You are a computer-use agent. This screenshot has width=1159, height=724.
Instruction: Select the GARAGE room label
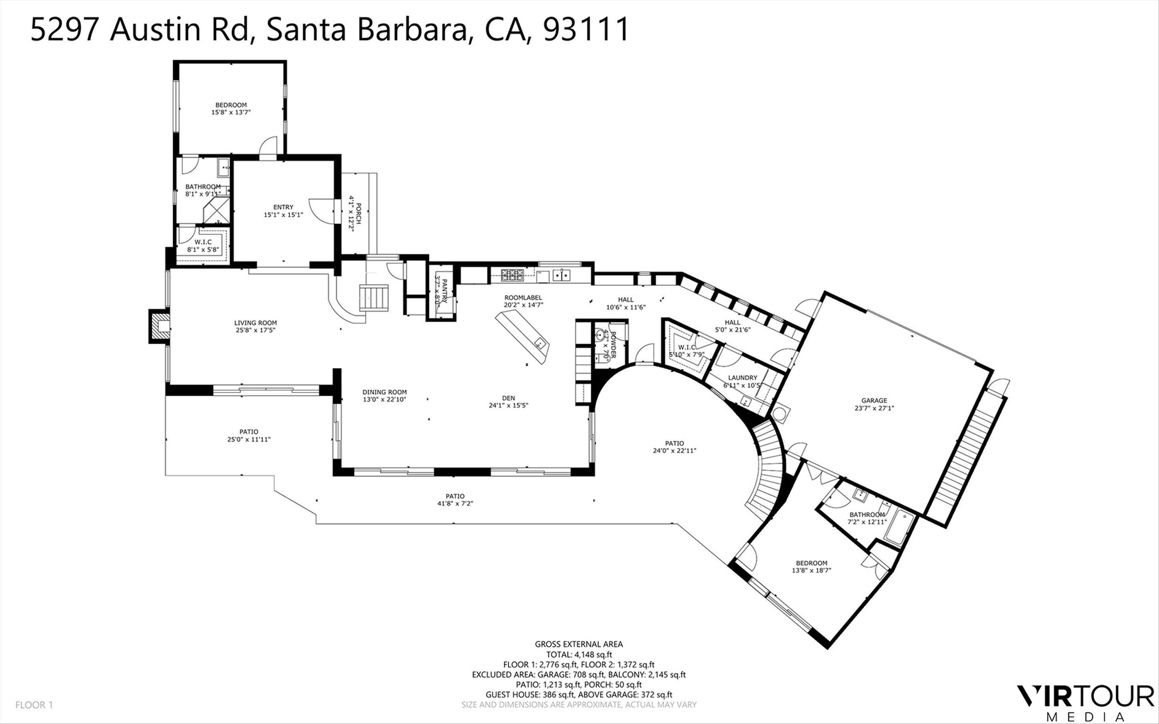point(874,400)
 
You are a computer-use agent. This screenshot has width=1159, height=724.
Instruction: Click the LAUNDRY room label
point(742,377)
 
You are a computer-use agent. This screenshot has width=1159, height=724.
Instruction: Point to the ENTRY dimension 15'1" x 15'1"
point(283,215)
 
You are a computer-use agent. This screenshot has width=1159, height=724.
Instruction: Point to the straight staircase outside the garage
point(965,459)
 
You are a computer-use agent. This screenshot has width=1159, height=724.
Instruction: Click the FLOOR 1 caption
point(34,705)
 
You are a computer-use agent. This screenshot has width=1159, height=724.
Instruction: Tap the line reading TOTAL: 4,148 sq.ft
point(579,654)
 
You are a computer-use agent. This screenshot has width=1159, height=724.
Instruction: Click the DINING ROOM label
point(384,392)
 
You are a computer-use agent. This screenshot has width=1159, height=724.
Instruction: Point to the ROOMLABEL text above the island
point(523,297)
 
